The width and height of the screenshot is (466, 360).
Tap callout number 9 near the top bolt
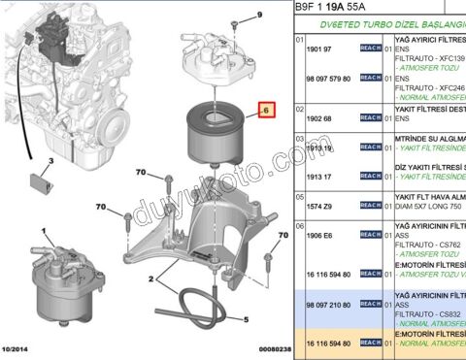point(234,15)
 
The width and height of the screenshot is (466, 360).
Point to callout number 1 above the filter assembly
point(44,231)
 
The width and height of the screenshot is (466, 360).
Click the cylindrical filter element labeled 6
point(211,126)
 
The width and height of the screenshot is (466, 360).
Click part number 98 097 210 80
point(327,304)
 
